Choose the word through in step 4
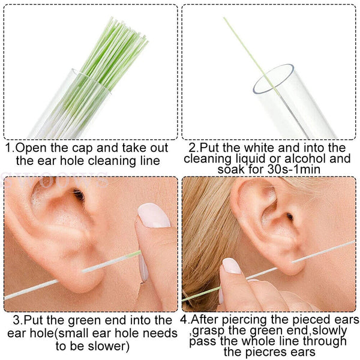(327, 341)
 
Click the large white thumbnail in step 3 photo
(154, 215)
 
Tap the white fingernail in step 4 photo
(232, 266)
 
